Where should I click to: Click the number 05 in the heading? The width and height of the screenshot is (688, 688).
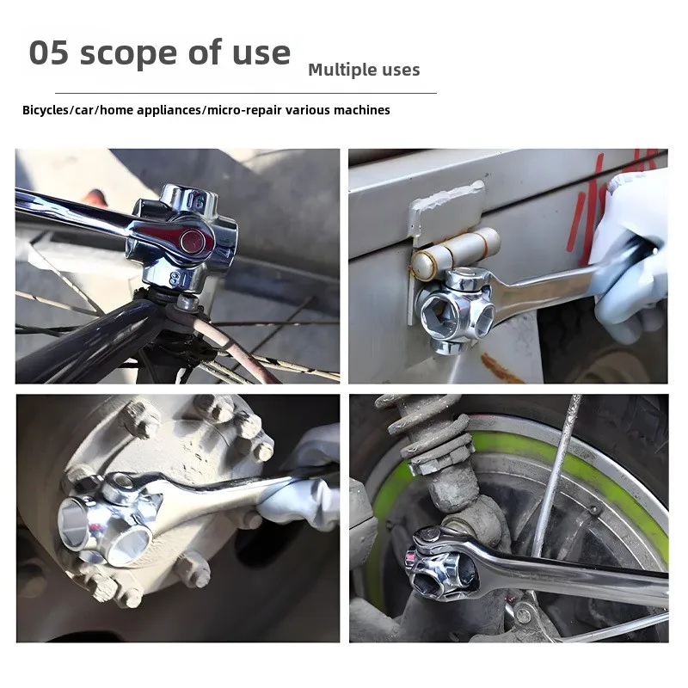click(48, 53)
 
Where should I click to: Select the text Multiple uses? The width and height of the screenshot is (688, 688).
click(364, 70)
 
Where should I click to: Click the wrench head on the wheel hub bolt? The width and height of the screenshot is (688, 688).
click(107, 520)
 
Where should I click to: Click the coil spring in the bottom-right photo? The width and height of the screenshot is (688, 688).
click(426, 434)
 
